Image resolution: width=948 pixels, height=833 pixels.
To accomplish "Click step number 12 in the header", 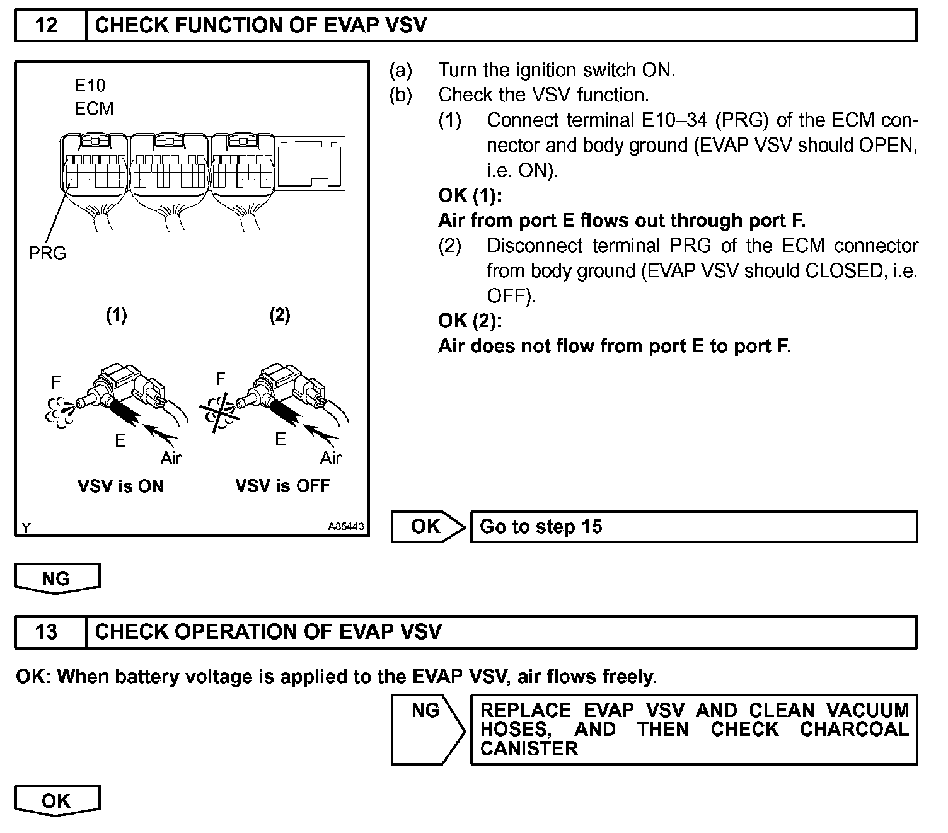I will coord(47,25).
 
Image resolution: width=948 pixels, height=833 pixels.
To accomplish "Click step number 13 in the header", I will coord(47,632).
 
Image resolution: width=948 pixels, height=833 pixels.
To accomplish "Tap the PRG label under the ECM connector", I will coord(47,253).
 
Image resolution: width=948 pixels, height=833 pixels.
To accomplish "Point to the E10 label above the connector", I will coord(90,86).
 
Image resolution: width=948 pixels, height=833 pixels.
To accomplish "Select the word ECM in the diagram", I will coord(94,109).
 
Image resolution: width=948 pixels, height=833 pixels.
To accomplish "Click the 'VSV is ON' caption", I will coord(120,486).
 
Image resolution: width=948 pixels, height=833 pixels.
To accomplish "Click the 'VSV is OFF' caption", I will coord(282,486).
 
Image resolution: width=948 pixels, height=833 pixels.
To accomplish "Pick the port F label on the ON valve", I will coord(55,382).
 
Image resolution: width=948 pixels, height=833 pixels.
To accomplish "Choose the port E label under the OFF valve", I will coord(280,439).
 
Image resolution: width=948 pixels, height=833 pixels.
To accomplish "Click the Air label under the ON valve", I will coord(171,458).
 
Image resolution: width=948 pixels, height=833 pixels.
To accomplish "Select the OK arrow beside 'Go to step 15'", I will coord(427,527).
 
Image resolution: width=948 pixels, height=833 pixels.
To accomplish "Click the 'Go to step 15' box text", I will coord(541,527).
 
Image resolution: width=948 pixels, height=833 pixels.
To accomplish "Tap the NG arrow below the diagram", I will coord(57,578).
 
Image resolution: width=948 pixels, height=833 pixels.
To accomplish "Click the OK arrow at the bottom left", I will coord(57,801).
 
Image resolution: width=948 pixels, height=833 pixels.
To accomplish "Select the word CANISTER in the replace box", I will coord(529,749).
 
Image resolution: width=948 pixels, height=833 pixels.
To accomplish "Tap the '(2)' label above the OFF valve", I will coord(280,315).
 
